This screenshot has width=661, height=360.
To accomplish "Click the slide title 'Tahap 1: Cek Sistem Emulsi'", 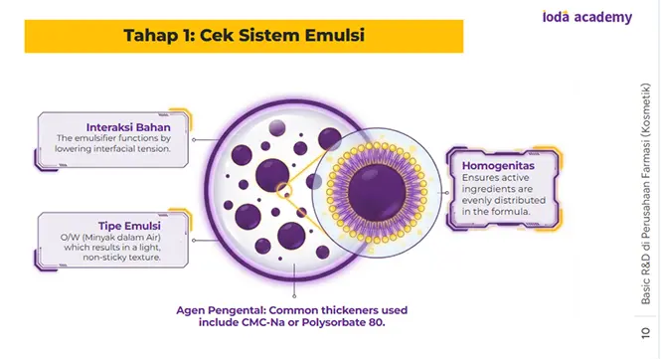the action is (245, 35).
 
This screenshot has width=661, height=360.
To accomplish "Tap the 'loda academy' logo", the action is (587, 17).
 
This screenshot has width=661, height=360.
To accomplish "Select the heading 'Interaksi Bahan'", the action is (128, 127).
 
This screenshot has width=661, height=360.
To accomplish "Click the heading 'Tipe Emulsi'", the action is (129, 226).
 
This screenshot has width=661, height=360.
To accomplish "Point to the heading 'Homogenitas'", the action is (498, 166).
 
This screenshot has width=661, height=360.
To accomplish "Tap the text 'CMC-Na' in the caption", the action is (259, 323).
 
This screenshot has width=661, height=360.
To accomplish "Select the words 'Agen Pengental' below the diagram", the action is (221, 310).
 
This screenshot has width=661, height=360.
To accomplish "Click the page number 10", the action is (645, 332).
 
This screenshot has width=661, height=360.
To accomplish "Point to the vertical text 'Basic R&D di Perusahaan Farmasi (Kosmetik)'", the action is (645, 194).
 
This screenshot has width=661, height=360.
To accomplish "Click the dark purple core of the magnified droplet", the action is (377, 193).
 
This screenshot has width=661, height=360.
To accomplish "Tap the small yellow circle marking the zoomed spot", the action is (284, 190).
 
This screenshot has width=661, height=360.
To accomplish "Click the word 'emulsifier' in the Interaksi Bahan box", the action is (94, 138).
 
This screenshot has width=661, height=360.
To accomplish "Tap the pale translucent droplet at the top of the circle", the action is (277, 127).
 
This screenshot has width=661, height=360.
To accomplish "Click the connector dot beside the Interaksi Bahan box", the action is (194, 140).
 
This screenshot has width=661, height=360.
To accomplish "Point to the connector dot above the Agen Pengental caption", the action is (294, 296).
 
